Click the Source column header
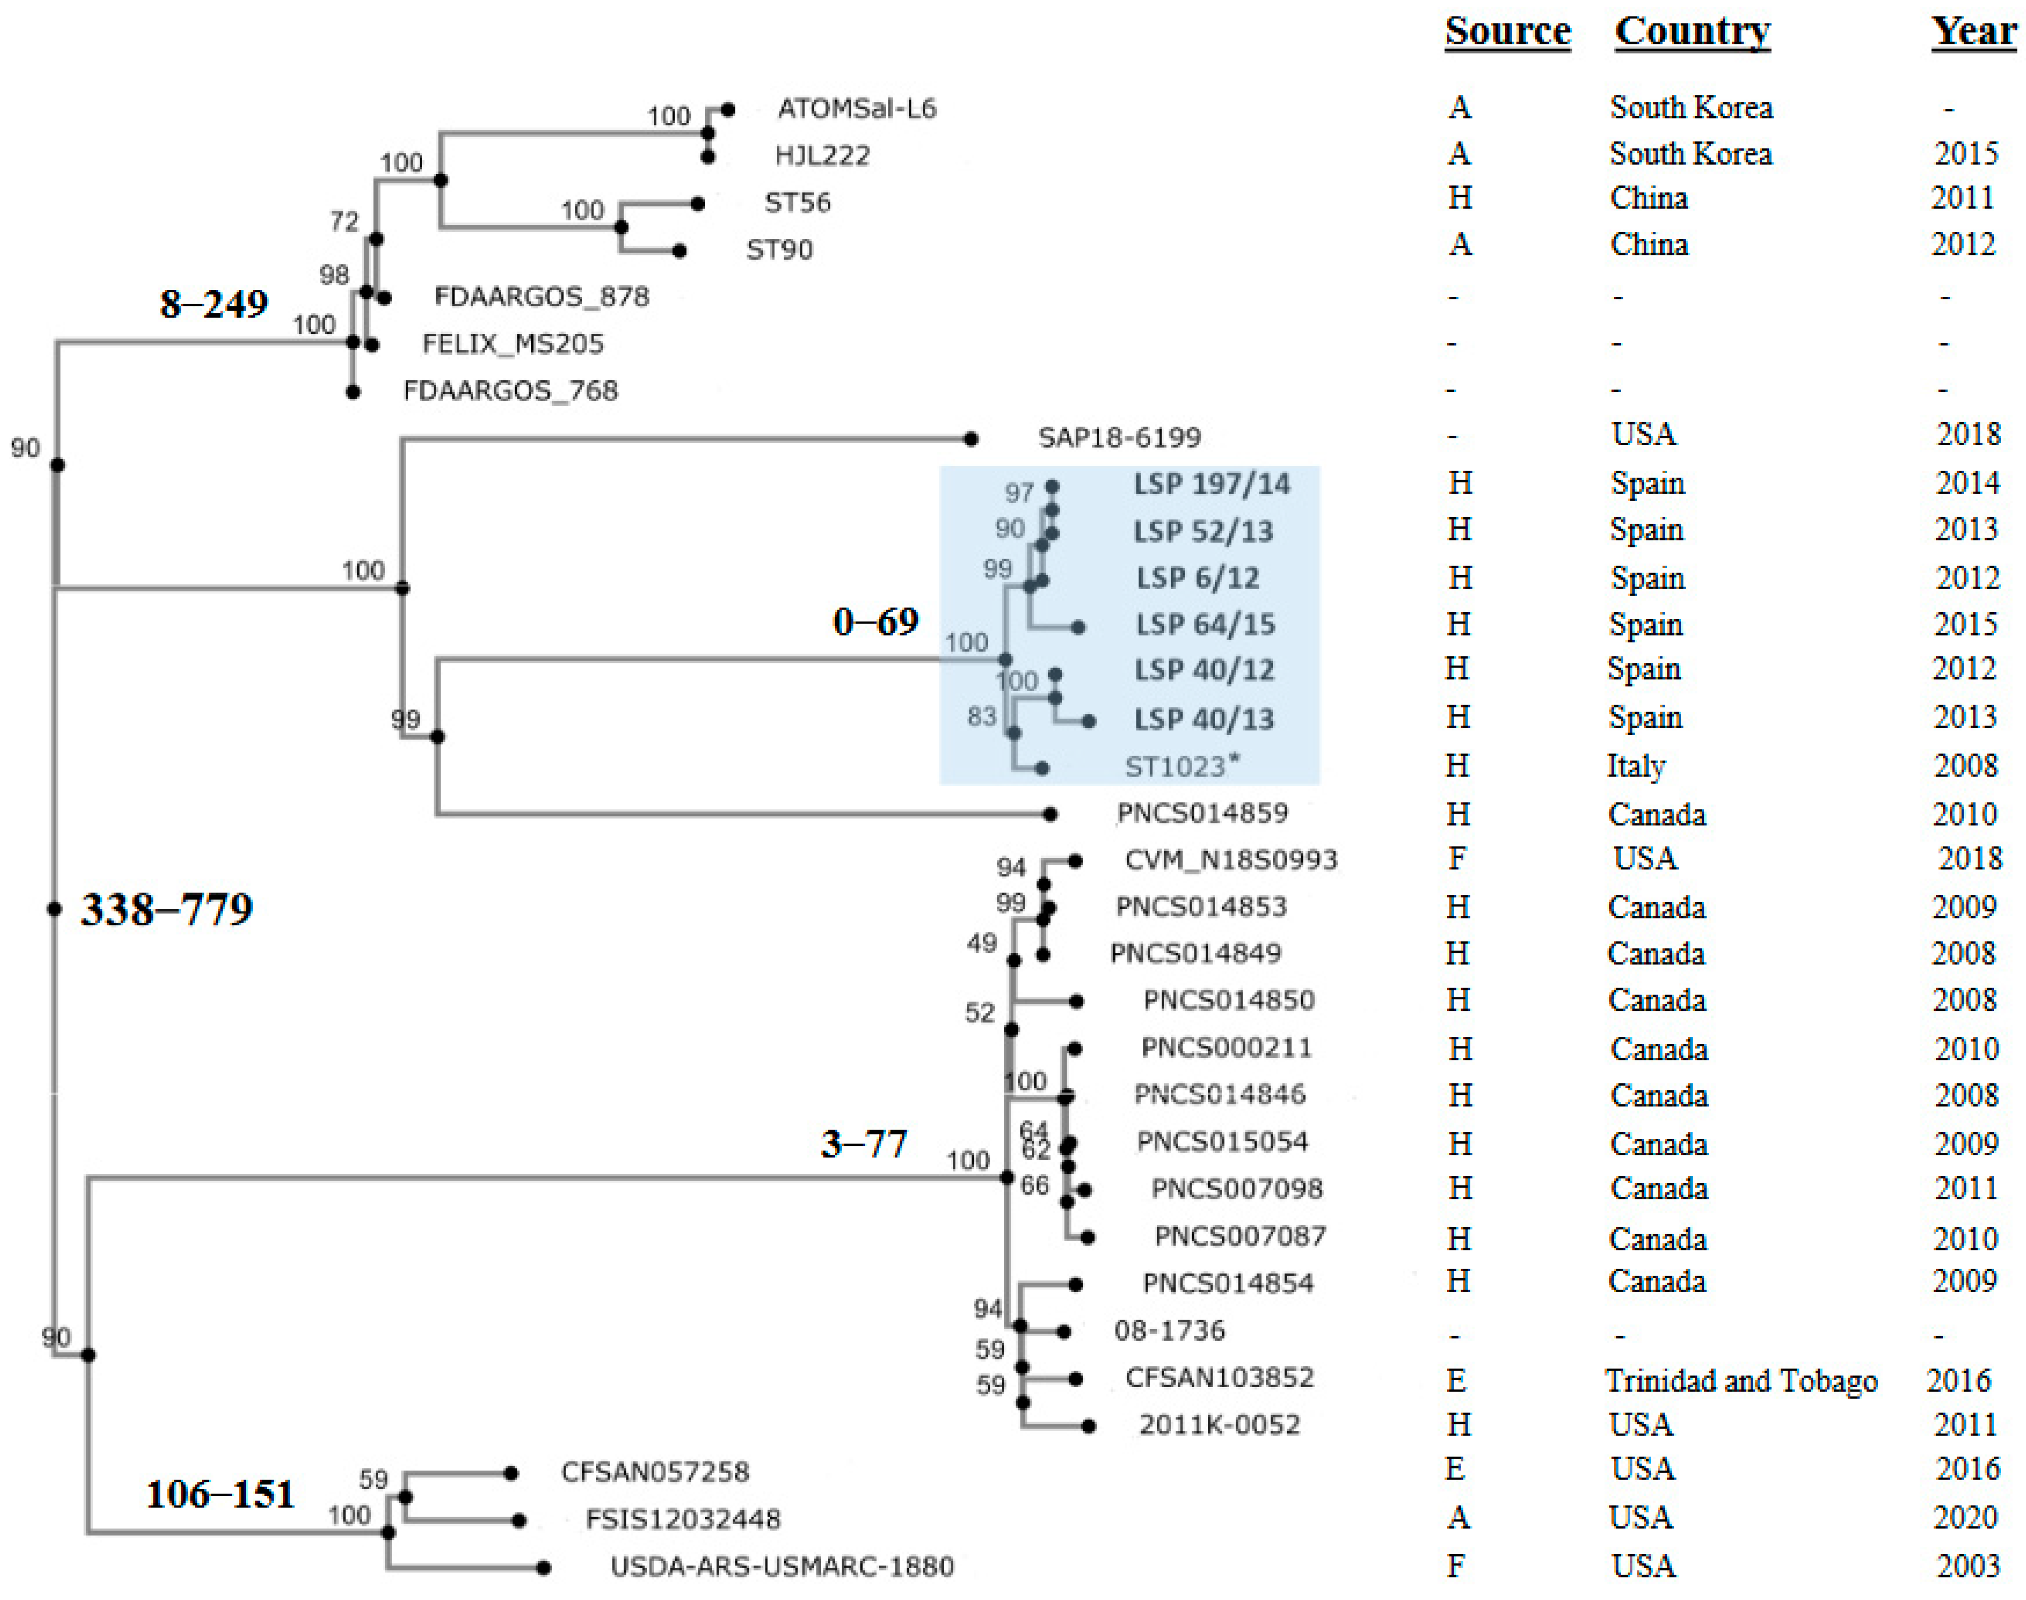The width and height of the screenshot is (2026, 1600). click(1507, 32)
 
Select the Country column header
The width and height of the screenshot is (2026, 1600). click(1692, 32)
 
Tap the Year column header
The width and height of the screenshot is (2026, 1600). click(1973, 32)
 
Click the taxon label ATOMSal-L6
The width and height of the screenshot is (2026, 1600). click(856, 108)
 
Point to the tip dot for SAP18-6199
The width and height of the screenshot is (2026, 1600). click(971, 438)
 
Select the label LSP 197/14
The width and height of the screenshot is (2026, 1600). click(1211, 484)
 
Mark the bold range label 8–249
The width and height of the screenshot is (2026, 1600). click(213, 303)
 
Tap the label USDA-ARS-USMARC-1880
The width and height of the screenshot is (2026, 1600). click(782, 1567)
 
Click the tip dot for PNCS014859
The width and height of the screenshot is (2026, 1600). click(1051, 814)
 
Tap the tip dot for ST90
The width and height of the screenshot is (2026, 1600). click(680, 251)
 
